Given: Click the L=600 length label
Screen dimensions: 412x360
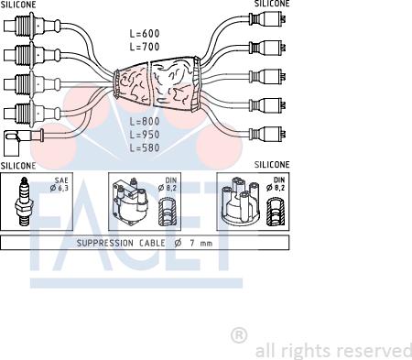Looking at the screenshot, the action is click(x=145, y=33).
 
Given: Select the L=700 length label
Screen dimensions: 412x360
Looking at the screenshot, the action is click(x=145, y=47).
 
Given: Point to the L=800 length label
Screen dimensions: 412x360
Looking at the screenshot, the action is click(x=145, y=121).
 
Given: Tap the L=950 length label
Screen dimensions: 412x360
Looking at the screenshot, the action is click(x=145, y=135).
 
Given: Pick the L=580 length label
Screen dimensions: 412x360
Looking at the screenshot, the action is click(x=145, y=147).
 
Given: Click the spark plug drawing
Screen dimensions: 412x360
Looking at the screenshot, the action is click(x=23, y=202).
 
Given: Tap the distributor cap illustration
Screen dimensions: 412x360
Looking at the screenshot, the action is click(x=241, y=200).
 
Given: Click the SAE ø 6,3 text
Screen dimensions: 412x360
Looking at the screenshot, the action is click(x=60, y=184).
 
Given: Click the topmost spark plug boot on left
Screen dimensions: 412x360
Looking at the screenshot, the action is click(x=32, y=26).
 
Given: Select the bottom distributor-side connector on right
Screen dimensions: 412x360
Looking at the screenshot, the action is click(x=267, y=134).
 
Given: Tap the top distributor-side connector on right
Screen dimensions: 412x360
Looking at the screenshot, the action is click(x=267, y=19).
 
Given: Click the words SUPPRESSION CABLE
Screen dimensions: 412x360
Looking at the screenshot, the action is click(x=121, y=243).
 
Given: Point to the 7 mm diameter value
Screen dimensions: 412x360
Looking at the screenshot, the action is click(x=201, y=244).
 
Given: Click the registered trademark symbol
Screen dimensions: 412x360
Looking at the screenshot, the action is click(x=239, y=335).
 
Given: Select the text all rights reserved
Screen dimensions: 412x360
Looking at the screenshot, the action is click(x=333, y=351).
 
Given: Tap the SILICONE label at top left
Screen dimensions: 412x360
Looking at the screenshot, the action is click(x=18, y=5).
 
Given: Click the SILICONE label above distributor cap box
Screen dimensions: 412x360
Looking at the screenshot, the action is click(x=272, y=165).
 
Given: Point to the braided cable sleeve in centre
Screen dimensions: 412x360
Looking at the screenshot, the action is click(x=157, y=83).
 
